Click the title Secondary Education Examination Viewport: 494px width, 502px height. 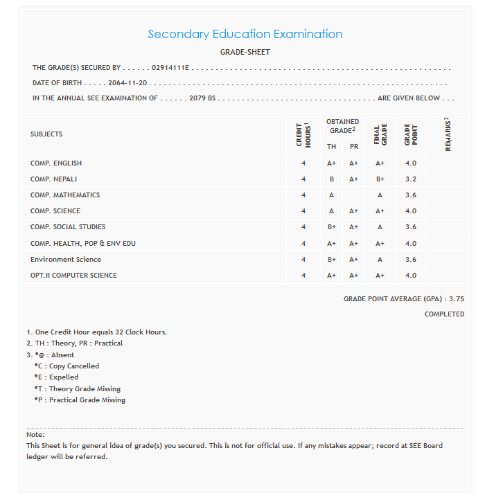tap(245, 34)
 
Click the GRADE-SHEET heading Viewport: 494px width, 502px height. tap(245, 52)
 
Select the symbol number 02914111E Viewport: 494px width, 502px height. tap(170, 68)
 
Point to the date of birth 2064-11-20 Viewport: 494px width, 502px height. tap(128, 83)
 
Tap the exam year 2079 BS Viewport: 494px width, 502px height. tap(202, 98)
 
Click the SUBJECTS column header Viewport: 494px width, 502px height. tap(46, 134)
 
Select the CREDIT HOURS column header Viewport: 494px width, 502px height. tap(303, 134)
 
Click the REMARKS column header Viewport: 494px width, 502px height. tap(448, 134)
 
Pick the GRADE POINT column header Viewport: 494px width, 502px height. tap(411, 134)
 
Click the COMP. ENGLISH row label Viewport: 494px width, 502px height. tap(56, 163)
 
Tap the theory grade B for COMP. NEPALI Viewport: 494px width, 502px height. tap(332, 179)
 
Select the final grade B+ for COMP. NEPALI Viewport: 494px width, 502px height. tap(380, 179)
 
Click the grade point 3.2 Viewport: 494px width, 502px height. tap(411, 179)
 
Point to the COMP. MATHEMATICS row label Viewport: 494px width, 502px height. tap(65, 195)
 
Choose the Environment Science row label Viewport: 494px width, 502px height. tap(66, 260)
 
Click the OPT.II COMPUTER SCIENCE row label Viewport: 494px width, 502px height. tap(73, 276)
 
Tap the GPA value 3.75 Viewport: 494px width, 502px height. tap(457, 299)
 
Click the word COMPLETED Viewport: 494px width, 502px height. tap(444, 314)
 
